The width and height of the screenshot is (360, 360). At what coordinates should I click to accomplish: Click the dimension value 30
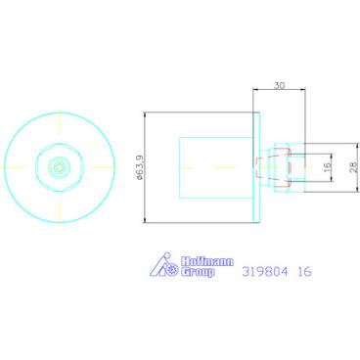coord(279,85)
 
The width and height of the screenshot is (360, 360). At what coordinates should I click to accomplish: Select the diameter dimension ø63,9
coord(140,167)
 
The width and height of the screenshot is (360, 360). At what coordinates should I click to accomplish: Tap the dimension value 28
coord(353,167)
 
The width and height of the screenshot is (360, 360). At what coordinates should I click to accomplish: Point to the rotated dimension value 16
coord(328,167)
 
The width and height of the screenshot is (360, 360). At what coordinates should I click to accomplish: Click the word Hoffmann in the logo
coord(207,261)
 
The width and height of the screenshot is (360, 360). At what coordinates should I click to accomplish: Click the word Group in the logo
coord(198,272)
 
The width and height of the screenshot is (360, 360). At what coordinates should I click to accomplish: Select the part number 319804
coord(265,272)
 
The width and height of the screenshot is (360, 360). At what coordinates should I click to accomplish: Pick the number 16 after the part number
coord(305,272)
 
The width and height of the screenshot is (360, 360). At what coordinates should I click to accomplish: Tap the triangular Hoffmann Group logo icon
coord(164,265)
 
